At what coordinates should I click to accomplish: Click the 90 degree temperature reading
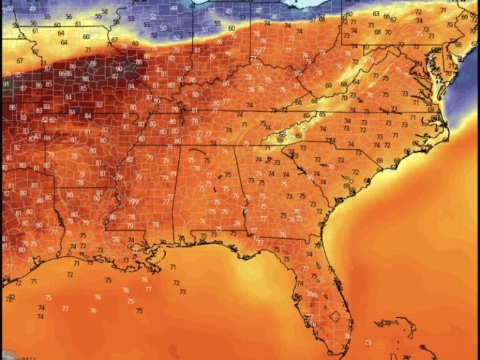(x=119, y=69)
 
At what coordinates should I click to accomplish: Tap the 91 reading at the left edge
(x=6, y=84)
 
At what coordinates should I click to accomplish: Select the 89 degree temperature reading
(x=93, y=63)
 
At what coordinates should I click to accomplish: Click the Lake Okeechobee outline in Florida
(x=336, y=316)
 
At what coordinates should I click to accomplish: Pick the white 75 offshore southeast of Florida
(x=368, y=342)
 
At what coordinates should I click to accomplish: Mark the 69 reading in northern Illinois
(x=136, y=44)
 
